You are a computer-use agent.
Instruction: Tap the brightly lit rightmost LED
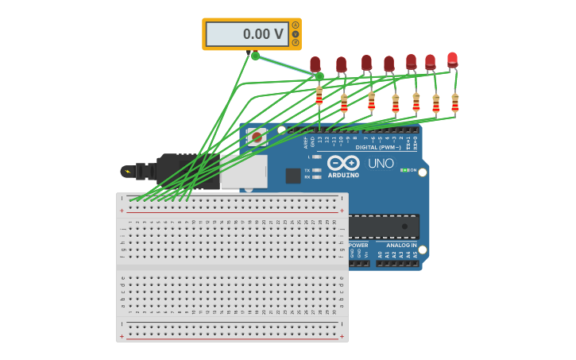coord(452,59)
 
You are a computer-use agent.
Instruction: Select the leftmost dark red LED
coord(315,64)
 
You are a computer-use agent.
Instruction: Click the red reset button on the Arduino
coord(257,137)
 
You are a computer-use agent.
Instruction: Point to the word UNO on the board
coord(381,163)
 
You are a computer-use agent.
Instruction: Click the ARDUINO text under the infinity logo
coord(343,175)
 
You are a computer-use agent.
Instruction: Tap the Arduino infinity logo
coord(343,162)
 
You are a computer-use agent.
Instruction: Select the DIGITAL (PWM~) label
coord(378,147)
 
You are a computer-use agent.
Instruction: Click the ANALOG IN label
coord(401,246)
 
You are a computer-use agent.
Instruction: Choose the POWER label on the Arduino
coord(358,246)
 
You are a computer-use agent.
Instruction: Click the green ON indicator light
coord(404,170)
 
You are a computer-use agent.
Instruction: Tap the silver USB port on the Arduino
coord(243,171)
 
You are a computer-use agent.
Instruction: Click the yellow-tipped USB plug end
coord(126,171)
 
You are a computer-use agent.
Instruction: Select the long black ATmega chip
coord(383,226)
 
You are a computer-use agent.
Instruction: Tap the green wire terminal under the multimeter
coord(255,56)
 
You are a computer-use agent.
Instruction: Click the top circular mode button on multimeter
coord(296,25)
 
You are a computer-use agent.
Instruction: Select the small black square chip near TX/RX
coord(293,176)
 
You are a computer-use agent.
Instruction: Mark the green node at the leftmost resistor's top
coord(319,76)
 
